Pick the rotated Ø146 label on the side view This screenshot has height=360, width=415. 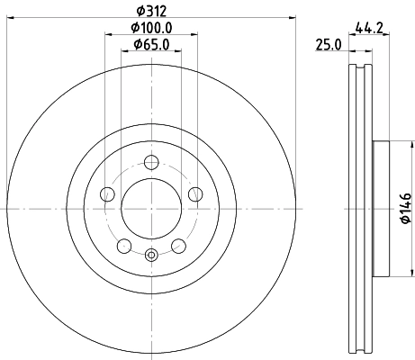click(x=405, y=208)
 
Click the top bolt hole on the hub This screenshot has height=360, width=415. click(x=151, y=162)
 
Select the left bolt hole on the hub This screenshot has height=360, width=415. click(x=107, y=193)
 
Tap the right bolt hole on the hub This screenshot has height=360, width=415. click(x=195, y=193)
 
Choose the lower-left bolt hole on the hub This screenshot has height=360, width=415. click(x=124, y=245)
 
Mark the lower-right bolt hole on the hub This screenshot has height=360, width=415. click(x=178, y=245)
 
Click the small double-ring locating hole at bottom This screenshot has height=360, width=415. click(x=151, y=255)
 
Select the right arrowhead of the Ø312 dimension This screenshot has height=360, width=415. click(x=293, y=19)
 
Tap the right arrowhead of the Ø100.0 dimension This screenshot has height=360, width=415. click(x=194, y=36)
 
